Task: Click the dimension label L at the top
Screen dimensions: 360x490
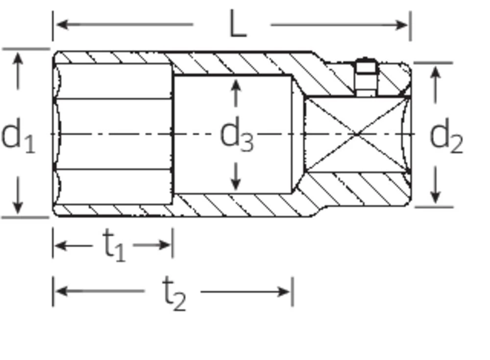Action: [x=238, y=25]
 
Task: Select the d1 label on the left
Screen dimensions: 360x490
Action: [x=18, y=137]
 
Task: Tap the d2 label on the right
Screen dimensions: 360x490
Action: [x=445, y=138]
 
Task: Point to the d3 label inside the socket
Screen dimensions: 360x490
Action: [x=237, y=136]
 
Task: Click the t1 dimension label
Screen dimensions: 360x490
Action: [x=114, y=245]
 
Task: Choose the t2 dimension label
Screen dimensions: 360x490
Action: [x=173, y=293]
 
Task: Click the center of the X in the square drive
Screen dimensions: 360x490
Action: [x=356, y=133]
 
